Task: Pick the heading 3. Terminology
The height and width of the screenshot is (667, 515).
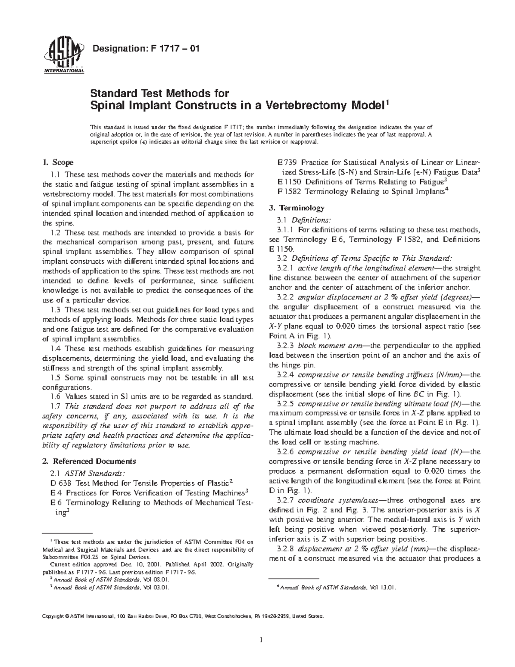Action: click(x=297, y=208)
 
